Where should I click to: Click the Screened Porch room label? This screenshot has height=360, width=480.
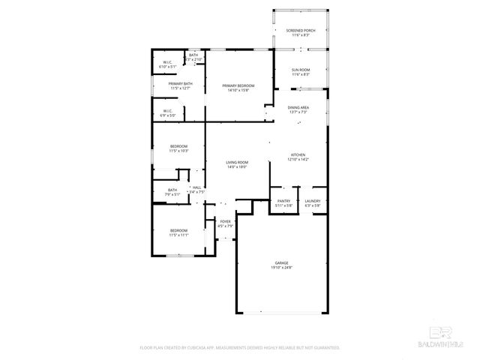pos(300,30)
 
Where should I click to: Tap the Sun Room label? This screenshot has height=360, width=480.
pos(300,70)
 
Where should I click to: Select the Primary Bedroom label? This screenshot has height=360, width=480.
pos(238,86)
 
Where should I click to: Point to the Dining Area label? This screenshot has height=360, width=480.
pos(298,107)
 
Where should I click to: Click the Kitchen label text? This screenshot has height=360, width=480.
pos(298,154)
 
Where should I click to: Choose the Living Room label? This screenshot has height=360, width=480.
pos(237,163)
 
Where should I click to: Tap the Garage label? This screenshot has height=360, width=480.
pos(281,262)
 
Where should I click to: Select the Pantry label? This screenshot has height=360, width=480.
pos(283,201)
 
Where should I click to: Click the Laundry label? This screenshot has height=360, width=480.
pos(312,201)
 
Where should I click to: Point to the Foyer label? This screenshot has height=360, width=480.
pos(225,221)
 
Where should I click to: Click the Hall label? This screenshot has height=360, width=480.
pos(197,187)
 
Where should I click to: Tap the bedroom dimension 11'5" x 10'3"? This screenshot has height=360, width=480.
pos(178,151)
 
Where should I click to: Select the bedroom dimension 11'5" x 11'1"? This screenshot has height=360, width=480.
pos(178,235)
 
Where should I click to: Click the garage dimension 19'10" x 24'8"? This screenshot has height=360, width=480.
pos(281,268)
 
